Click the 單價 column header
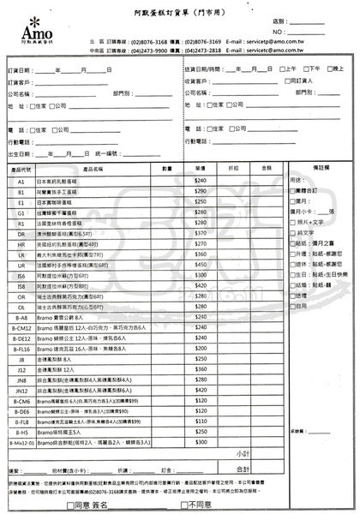(x=201, y=170)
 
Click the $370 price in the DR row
(x=201, y=231)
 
